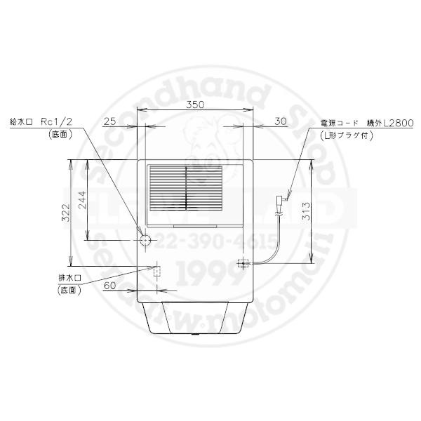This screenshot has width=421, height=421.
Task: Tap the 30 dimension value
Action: [x=281, y=121]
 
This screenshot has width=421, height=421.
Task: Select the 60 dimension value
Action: [x=109, y=286]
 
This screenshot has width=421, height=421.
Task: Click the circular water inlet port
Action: [x=145, y=240]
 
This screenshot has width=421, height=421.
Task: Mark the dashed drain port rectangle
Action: [x=157, y=272]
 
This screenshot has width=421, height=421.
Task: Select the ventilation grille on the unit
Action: [x=185, y=188]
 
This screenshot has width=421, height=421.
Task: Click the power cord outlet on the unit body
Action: [x=244, y=264]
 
